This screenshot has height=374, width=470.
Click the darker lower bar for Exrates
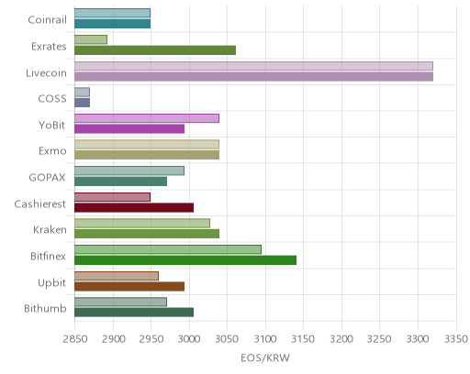pyautogui.click(x=155, y=50)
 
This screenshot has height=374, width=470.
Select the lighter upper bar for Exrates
pyautogui.click(x=91, y=39)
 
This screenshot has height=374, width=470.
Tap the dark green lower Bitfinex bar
pyautogui.click(x=185, y=260)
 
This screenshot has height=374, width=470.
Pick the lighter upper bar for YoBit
pyautogui.click(x=147, y=118)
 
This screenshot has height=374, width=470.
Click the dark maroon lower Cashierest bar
pyautogui.click(x=134, y=208)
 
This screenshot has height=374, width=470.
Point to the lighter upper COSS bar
pyautogui.click(x=82, y=92)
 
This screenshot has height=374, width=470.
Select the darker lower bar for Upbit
pyautogui.click(x=129, y=287)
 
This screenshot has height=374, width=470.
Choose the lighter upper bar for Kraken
pyautogui.click(x=142, y=223)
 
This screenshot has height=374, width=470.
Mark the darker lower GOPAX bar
pyautogui.click(x=121, y=181)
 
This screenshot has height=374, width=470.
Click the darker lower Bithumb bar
pyautogui.click(x=134, y=313)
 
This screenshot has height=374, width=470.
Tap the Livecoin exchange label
pyautogui.click(x=46, y=73)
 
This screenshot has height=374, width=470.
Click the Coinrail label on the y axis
pyautogui.click(x=47, y=20)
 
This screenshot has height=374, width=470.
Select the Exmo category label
pyautogui.click(x=52, y=151)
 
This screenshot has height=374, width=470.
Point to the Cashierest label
pyautogui.click(x=40, y=203)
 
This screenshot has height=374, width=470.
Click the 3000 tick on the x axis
pyautogui.click(x=189, y=339)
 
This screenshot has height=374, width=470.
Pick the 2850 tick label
pyautogui.click(x=74, y=339)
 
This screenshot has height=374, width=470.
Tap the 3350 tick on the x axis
pyautogui.click(x=456, y=339)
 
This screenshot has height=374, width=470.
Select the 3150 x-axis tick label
pyautogui.click(x=303, y=339)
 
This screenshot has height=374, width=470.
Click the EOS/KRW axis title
pyautogui.click(x=265, y=357)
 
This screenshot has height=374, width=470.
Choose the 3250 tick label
pyautogui.click(x=379, y=339)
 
